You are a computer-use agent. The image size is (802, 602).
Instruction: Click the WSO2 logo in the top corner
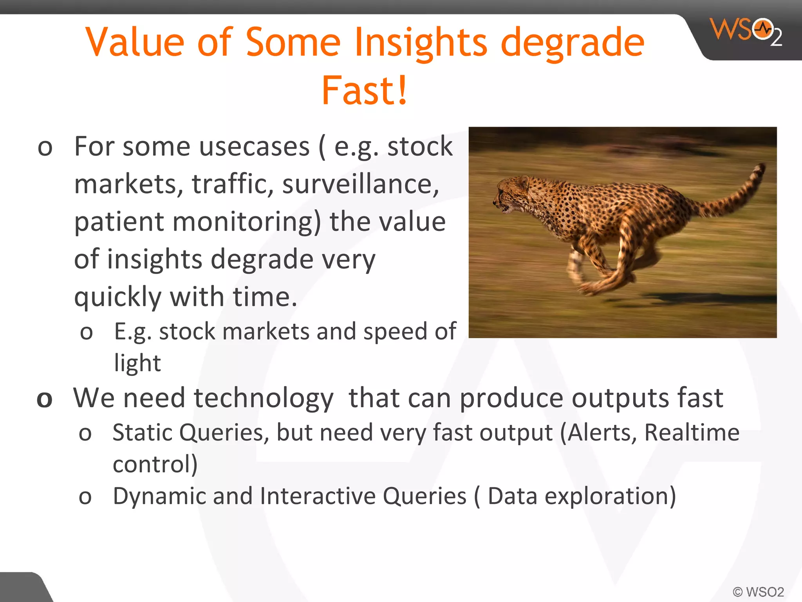click(746, 31)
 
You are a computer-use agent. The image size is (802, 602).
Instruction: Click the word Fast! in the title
click(365, 91)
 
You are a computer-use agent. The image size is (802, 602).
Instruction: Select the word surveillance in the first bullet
click(360, 184)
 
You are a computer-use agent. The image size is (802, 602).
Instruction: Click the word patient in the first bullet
click(118, 222)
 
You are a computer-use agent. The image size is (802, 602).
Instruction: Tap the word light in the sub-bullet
click(137, 363)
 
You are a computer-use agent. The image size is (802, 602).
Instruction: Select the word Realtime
click(692, 433)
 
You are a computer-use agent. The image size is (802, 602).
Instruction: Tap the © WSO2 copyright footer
click(758, 592)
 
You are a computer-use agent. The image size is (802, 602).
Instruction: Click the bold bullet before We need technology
click(45, 400)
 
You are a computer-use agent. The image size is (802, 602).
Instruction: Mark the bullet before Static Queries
click(85, 434)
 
